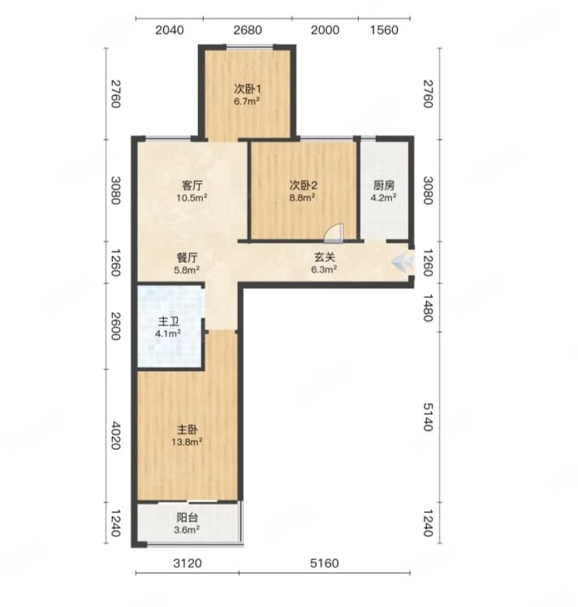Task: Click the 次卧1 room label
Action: [x=248, y=89]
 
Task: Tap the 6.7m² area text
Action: [x=247, y=101]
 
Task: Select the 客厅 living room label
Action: [x=192, y=186]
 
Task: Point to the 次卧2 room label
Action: [x=303, y=186]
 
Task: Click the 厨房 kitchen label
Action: [x=384, y=186]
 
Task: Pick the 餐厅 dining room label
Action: [x=187, y=258]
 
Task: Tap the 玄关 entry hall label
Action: [x=325, y=257]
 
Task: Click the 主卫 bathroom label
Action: [x=169, y=321]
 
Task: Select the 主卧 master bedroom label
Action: [x=188, y=430]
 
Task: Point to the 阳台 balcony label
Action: [x=188, y=518]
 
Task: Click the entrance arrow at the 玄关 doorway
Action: [x=402, y=263]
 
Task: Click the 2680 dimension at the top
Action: [x=248, y=30]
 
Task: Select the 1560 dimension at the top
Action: [x=384, y=30]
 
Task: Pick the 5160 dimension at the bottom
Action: [x=325, y=563]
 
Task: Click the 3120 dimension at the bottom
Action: [x=188, y=563]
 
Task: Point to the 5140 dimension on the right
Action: [x=428, y=417]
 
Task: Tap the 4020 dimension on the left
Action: [x=116, y=436]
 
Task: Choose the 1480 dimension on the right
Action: [x=428, y=308]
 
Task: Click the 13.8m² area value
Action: [x=188, y=441]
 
